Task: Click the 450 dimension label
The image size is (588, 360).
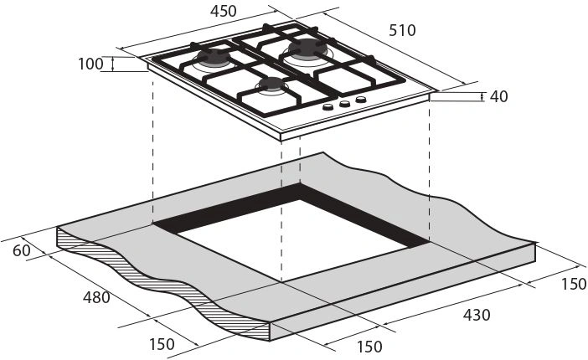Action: pos(223,11)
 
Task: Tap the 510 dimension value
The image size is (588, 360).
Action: pos(402,30)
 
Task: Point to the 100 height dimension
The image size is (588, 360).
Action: pos(90,64)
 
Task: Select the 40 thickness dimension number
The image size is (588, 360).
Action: pos(498,97)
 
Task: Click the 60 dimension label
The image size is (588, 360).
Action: pos(22,250)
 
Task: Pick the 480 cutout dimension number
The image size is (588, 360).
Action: pos(96,298)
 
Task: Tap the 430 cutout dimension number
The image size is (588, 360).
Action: pos(477,315)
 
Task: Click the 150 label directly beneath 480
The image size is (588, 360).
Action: pos(162,344)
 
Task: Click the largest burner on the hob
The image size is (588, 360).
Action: pos(308,49)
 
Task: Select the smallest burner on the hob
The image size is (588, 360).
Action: pos(272,85)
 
